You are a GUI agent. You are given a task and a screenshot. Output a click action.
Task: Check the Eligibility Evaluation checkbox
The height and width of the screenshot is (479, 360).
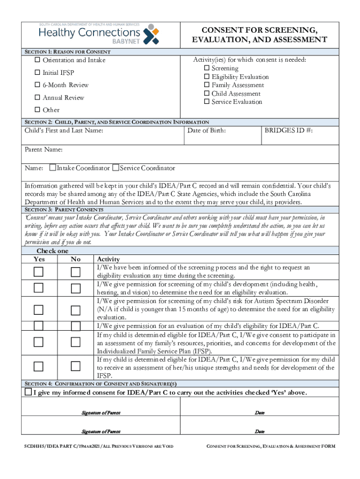[x=207, y=77]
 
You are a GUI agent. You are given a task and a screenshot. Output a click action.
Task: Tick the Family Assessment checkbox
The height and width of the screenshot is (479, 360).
[x=207, y=85]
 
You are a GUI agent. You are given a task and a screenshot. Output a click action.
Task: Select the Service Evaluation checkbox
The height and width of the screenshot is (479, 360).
[x=207, y=102]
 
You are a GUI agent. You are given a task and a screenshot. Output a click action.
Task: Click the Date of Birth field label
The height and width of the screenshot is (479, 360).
[x=206, y=131]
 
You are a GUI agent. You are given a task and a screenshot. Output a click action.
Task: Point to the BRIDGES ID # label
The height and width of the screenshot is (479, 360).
[x=288, y=131]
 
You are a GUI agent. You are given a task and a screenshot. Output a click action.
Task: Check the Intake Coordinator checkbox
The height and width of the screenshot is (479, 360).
[x=53, y=168]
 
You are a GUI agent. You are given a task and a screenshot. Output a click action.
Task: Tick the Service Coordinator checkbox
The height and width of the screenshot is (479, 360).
[x=116, y=168]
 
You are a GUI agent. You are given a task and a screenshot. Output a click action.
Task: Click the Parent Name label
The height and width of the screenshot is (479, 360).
[x=43, y=150]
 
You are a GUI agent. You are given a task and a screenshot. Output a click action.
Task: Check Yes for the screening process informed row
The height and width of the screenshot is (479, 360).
[x=38, y=272]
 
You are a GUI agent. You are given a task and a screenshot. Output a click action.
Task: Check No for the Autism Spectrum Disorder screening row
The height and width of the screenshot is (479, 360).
[x=75, y=310]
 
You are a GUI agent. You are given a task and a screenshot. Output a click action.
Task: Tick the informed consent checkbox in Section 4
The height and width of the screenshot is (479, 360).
[x=29, y=392]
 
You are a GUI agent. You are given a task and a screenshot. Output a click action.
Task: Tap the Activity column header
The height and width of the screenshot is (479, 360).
[x=108, y=259]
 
